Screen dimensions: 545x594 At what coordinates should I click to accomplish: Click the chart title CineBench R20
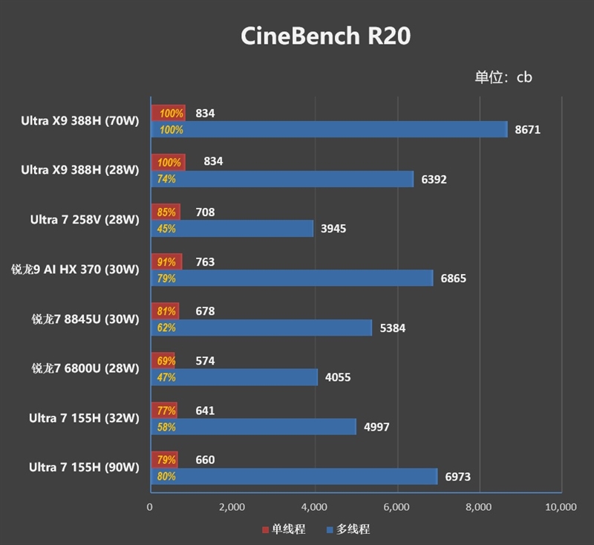click(325, 36)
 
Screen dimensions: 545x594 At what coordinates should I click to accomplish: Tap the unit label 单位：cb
click(503, 77)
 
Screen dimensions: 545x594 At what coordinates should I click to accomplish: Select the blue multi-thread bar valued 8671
click(329, 130)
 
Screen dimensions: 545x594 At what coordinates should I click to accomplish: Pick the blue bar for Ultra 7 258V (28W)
click(232, 229)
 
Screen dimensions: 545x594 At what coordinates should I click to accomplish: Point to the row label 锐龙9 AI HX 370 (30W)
click(75, 270)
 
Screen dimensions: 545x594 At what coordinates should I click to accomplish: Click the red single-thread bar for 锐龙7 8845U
click(165, 311)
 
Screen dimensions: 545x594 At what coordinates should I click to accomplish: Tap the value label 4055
click(338, 377)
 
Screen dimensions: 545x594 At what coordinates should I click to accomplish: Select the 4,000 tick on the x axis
click(315, 507)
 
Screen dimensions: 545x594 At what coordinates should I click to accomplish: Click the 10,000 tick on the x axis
click(561, 507)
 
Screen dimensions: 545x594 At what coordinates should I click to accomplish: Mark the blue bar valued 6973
click(294, 477)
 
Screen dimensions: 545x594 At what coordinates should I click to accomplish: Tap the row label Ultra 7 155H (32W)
click(84, 418)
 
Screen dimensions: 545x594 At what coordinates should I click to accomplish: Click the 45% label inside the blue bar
click(166, 229)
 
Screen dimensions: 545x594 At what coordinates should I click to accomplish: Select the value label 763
click(205, 261)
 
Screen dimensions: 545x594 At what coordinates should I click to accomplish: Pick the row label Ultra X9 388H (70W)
click(79, 121)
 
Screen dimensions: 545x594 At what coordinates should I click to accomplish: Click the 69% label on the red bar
click(165, 361)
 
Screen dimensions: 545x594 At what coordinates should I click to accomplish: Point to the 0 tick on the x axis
click(150, 507)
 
